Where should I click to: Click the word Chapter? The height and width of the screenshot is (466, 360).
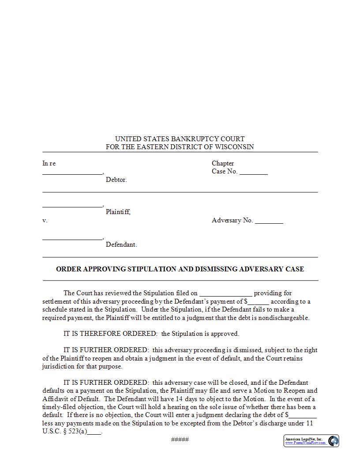223,163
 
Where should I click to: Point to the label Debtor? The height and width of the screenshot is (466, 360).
116,180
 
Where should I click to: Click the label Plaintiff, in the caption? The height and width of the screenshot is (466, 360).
118,212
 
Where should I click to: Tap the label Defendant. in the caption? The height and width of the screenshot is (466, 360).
121,244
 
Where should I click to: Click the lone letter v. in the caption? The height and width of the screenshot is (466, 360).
45,220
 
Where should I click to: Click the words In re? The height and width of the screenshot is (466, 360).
49,163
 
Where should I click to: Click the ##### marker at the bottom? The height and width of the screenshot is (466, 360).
180,439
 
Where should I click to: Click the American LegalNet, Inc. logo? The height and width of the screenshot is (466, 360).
311,441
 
